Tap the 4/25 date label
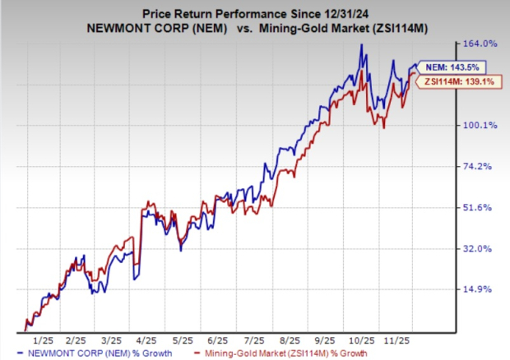(146, 339)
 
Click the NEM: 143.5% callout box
(452, 67)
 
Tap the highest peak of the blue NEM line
(362, 44)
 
